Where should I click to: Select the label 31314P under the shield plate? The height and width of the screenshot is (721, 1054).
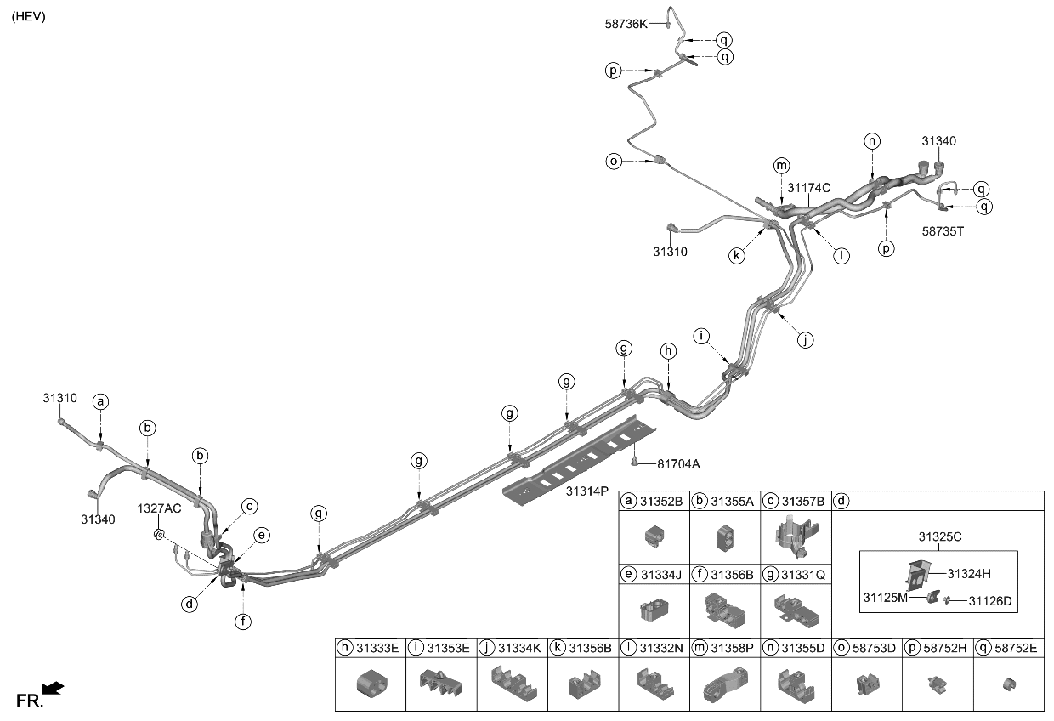pos(586,491)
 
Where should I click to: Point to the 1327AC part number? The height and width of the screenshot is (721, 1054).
pos(160,508)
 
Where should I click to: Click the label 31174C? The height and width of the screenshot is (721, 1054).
pos(808,188)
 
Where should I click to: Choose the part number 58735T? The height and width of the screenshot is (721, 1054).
pos(943,229)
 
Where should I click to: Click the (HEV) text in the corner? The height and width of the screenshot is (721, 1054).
pos(28,16)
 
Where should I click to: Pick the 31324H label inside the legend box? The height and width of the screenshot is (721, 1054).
pos(970,572)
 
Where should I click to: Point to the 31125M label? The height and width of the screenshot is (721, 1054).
pos(887,598)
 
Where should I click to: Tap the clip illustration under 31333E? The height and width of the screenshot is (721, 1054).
pos(370,683)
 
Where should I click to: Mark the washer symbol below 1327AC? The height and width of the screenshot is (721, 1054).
pos(158,534)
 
